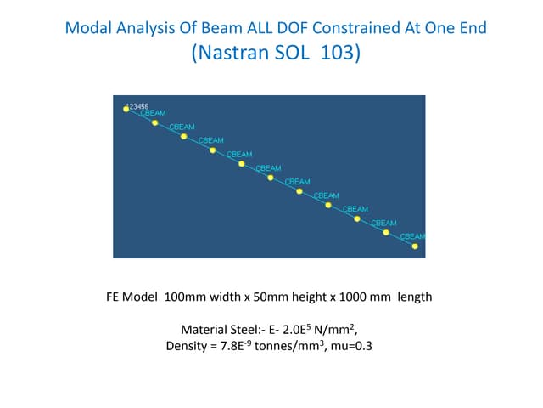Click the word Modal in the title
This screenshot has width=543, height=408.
click(x=87, y=28)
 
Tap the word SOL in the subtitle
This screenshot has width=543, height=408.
click(x=296, y=54)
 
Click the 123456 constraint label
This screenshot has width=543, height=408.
click(x=137, y=106)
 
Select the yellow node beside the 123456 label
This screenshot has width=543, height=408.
click(x=126, y=110)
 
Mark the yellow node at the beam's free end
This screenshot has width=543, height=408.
click(x=415, y=246)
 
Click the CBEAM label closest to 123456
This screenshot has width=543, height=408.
click(x=153, y=113)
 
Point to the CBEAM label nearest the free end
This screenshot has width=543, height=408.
click(x=413, y=236)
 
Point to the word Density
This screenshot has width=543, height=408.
click(x=189, y=347)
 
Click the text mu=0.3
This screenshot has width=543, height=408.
click(x=355, y=347)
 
